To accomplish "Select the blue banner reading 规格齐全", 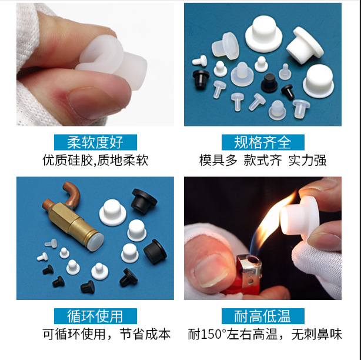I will (263, 142).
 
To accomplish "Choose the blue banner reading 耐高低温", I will (263, 316).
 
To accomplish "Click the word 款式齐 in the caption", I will (263, 160).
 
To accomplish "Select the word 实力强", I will (307, 160).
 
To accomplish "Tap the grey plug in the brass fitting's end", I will (95, 239).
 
